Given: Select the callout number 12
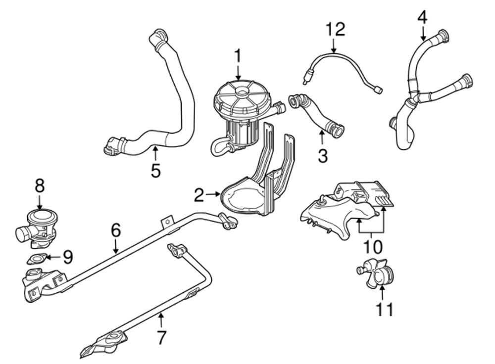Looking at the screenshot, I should tap(335, 29).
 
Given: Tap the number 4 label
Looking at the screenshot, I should tap(422, 17).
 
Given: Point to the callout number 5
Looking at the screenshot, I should tap(156, 171).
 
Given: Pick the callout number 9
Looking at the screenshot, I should tap(68, 257).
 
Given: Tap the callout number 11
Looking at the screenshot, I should tap(385, 309).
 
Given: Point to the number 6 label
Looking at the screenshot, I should tap(115, 230).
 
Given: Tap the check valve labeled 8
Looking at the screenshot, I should tap(37, 225).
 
